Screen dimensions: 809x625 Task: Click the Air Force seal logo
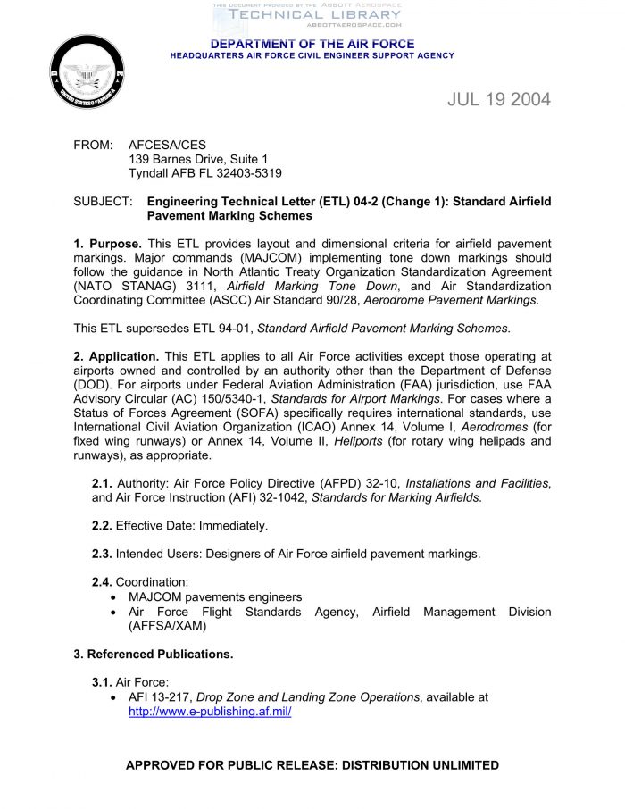(x=87, y=72)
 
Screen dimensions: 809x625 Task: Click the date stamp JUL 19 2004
(x=499, y=99)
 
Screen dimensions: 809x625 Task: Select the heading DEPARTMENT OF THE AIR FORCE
(x=312, y=44)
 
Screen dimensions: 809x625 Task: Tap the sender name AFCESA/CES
(x=167, y=144)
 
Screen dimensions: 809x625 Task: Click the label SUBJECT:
(x=103, y=202)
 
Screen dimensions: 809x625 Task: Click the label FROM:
(x=93, y=144)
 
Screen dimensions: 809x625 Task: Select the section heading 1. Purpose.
(x=107, y=244)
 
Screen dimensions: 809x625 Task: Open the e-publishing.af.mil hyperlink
(x=210, y=712)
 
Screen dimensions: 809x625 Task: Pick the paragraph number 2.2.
(x=102, y=526)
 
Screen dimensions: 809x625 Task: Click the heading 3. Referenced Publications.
(x=153, y=654)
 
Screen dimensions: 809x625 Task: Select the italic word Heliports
(x=357, y=441)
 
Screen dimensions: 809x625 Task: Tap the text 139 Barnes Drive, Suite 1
(x=198, y=159)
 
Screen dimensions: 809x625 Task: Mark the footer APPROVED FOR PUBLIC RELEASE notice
(x=312, y=765)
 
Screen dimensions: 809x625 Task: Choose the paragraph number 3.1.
(x=102, y=682)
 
